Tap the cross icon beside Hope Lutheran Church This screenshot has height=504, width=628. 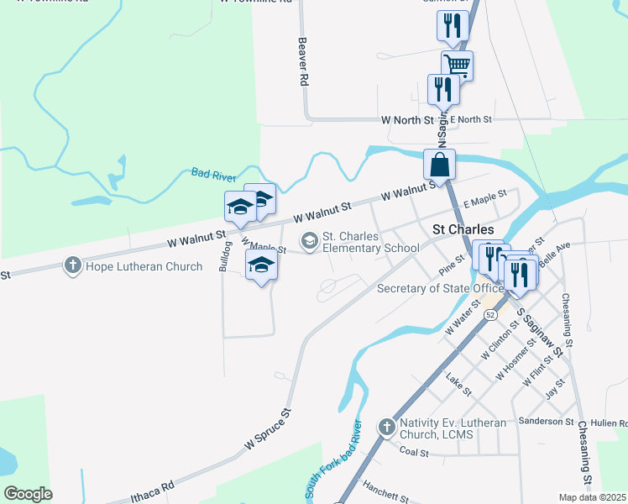[73, 266]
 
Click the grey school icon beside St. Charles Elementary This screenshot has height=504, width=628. [310, 242]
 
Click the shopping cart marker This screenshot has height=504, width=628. [458, 65]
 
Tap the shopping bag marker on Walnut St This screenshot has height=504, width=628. [439, 164]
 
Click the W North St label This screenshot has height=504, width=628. [406, 121]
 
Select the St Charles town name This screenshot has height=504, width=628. [462, 228]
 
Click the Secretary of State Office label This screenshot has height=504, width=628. [440, 288]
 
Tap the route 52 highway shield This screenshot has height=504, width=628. [491, 313]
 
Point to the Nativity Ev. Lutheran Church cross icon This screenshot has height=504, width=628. [386, 428]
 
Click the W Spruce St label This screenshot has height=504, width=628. [267, 428]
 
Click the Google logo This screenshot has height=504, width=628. [29, 493]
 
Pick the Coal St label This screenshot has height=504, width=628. [415, 452]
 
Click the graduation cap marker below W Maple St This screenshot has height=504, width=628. [260, 267]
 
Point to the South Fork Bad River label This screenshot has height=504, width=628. [332, 460]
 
